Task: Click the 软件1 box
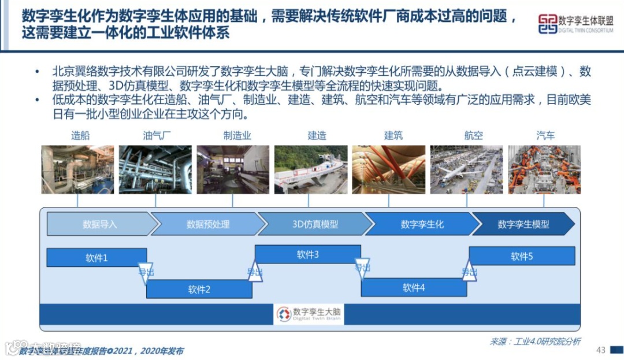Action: (96, 258)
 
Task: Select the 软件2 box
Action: (199, 289)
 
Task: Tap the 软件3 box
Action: (308, 254)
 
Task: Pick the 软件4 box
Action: (414, 287)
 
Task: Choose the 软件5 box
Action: (522, 256)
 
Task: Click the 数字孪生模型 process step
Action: (523, 224)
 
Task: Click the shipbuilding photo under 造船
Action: (77, 169)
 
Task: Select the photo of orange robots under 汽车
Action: (544, 169)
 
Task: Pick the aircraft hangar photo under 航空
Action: (466, 169)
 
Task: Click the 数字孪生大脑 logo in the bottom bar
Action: (309, 314)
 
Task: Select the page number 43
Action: (600, 350)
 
